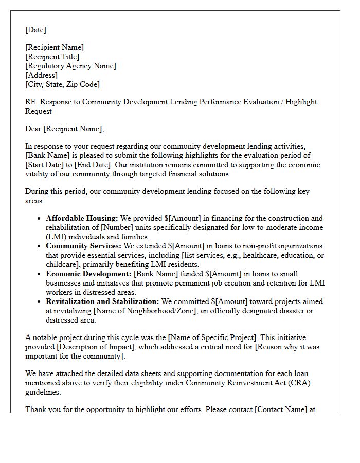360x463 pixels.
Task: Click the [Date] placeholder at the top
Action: point(35,30)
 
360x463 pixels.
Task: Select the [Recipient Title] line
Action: point(52,57)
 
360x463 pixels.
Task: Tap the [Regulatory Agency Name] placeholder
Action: point(70,66)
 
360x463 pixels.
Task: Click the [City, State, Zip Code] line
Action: point(62,84)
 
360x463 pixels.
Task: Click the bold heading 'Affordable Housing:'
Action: point(82,218)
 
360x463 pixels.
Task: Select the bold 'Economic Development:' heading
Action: point(88,274)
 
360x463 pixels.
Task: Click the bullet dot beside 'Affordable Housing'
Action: point(40,219)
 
